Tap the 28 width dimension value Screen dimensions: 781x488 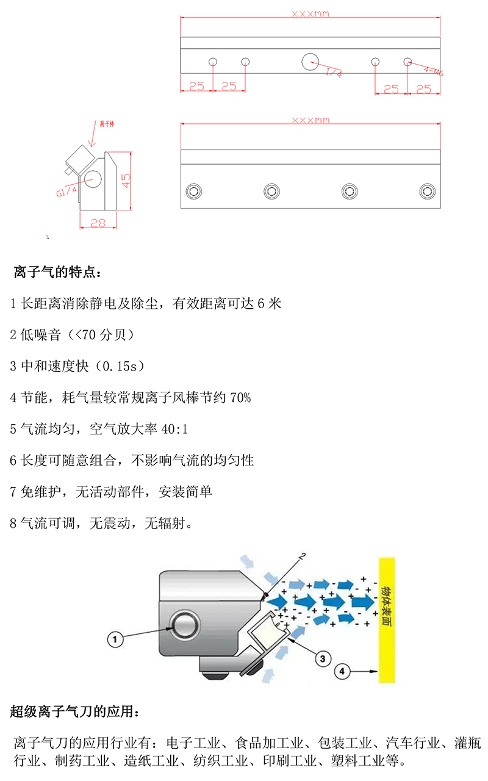point(98,223)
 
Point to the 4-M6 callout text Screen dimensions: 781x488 point(433,71)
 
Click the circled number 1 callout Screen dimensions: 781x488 point(115,639)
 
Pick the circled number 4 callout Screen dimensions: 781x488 point(342,671)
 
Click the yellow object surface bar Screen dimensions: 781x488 point(387,619)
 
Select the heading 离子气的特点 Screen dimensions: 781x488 point(58,272)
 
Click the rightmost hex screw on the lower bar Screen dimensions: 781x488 point(427,191)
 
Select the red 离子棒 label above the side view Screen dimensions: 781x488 point(107,124)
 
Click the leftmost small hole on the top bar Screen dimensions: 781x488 point(213,61)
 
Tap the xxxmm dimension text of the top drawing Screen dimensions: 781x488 point(310,13)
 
